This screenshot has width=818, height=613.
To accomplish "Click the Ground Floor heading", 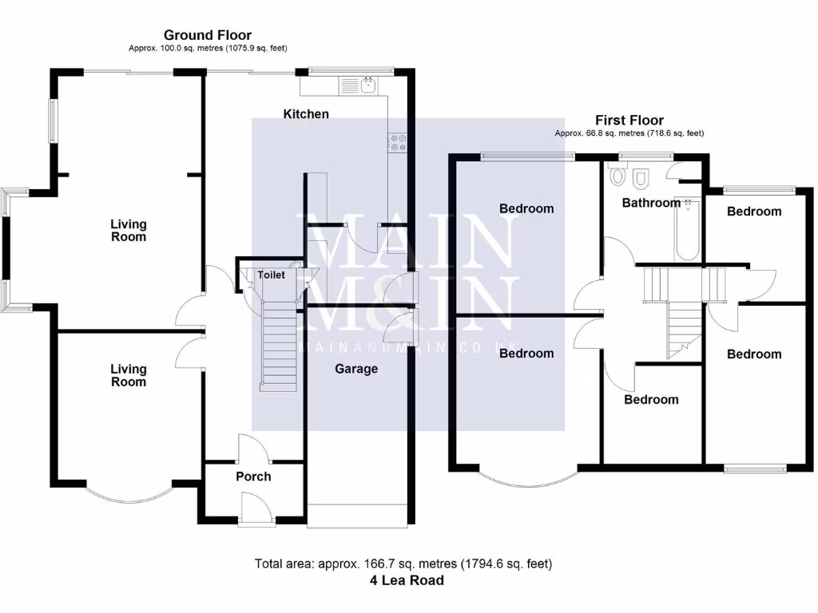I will pyautogui.click(x=208, y=35).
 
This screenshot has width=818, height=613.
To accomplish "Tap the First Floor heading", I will pyautogui.click(x=629, y=121).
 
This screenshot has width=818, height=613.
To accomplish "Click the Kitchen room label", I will pyautogui.click(x=306, y=114).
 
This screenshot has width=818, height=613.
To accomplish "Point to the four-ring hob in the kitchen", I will pyautogui.click(x=397, y=143).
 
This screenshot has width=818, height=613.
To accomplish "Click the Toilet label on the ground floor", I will pyautogui.click(x=271, y=275).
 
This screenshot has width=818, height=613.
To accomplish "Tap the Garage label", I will pyautogui.click(x=356, y=369).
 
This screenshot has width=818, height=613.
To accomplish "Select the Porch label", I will pyautogui.click(x=253, y=477).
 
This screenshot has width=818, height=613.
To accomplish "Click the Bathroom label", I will pyautogui.click(x=651, y=203).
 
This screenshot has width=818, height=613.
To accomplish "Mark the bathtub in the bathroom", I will pyautogui.click(x=686, y=230).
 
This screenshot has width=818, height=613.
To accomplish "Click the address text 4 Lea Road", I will pyautogui.click(x=407, y=580).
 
